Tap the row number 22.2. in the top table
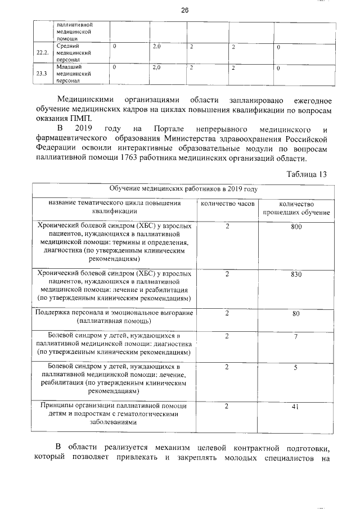pos(42,52)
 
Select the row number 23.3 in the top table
pos(42,74)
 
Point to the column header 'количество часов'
pos(228,203)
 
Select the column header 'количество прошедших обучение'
pos(296,208)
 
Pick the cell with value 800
pos(296,226)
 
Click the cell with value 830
pos(296,274)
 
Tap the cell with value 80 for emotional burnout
pos(296,314)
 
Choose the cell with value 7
pos(295,336)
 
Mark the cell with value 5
pos(295,367)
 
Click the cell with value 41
pos(295,406)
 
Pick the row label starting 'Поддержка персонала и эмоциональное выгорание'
pos(114,317)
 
